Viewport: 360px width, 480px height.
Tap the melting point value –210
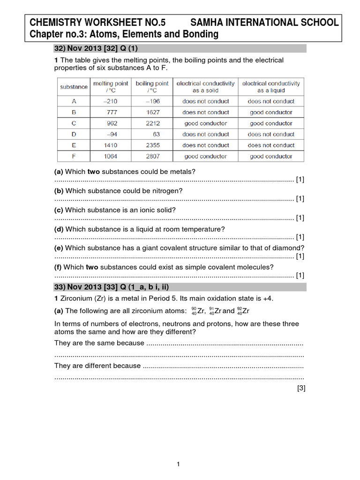tap(112, 101)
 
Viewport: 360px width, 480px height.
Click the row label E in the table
tap(74, 145)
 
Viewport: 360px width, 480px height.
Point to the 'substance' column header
tap(74, 87)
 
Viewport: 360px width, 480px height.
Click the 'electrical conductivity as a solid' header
tap(205, 87)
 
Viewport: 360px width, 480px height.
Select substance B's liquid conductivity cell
tap(271, 112)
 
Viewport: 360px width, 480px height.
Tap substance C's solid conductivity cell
tap(205, 123)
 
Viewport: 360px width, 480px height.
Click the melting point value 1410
tap(112, 145)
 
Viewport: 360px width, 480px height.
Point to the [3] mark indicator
tap(301, 388)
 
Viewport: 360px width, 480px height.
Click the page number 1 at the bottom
tap(179, 465)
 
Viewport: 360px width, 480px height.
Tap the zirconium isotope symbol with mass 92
tap(243, 311)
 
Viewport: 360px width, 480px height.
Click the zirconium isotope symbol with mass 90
tap(198, 311)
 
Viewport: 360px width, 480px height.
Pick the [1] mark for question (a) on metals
tap(300, 180)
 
